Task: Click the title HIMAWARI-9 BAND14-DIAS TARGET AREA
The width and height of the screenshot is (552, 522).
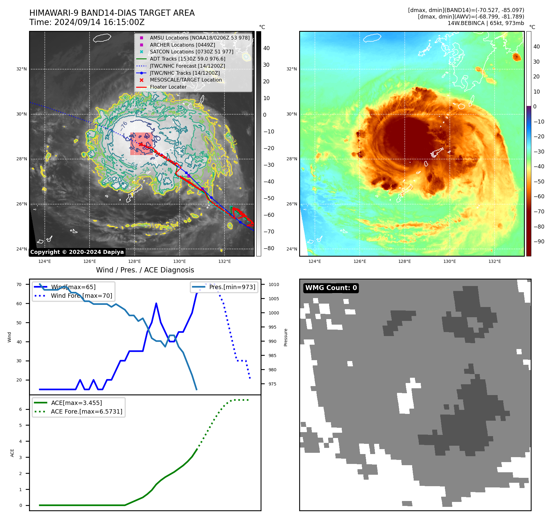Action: click(x=112, y=13)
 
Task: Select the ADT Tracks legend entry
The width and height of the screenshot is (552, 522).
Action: click(x=187, y=59)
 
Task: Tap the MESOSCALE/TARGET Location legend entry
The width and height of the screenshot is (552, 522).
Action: click(x=186, y=80)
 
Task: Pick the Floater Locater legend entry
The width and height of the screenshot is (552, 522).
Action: click(x=168, y=87)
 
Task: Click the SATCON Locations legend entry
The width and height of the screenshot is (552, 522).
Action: click(x=191, y=52)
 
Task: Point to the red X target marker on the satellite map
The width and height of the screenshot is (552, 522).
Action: click(x=141, y=144)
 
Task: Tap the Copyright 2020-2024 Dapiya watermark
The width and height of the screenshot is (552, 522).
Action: click(x=77, y=252)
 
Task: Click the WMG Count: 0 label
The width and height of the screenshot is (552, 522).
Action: click(x=331, y=288)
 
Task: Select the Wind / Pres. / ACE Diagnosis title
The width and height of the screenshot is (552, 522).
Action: click(x=145, y=270)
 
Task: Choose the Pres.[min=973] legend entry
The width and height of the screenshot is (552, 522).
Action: click(x=232, y=287)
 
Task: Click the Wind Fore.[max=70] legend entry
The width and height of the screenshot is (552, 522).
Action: click(x=81, y=296)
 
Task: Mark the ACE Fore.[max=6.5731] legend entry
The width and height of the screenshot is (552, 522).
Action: click(x=86, y=411)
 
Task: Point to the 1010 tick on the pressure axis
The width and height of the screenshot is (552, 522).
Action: click(x=274, y=284)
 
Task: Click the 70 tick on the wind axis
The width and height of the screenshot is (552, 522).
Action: click(x=19, y=284)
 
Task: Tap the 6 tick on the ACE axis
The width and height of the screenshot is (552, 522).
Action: click(x=21, y=409)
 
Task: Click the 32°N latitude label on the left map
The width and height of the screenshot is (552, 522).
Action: click(x=22, y=69)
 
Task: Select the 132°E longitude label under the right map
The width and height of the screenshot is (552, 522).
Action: click(x=495, y=261)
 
